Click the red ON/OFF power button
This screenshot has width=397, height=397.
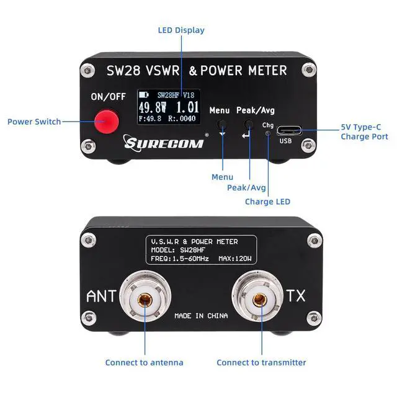tap(107, 122)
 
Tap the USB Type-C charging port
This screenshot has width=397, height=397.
tap(289, 131)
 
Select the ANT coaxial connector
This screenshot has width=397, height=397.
tap(145, 297)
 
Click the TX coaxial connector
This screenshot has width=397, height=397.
tap(259, 297)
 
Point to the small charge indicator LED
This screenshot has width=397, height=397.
tap(268, 133)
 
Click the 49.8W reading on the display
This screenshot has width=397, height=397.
tap(153, 107)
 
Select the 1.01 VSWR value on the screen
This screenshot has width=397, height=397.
tap(187, 107)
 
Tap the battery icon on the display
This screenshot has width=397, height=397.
tap(143, 95)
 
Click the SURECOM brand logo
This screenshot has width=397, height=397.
tap(164, 143)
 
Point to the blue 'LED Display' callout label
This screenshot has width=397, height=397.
tap(181, 30)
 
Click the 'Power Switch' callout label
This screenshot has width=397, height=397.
tap(34, 122)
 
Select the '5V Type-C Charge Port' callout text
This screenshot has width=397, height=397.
tap(364, 132)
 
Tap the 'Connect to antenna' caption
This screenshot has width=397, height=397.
tap(145, 362)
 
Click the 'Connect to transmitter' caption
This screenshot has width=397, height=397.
tap(261, 362)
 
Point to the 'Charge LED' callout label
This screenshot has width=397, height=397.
tap(267, 202)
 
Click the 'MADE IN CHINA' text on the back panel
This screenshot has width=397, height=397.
tap(201, 316)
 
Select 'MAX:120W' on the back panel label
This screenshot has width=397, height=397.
tap(235, 259)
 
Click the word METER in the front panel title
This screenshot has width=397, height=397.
tap(267, 70)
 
